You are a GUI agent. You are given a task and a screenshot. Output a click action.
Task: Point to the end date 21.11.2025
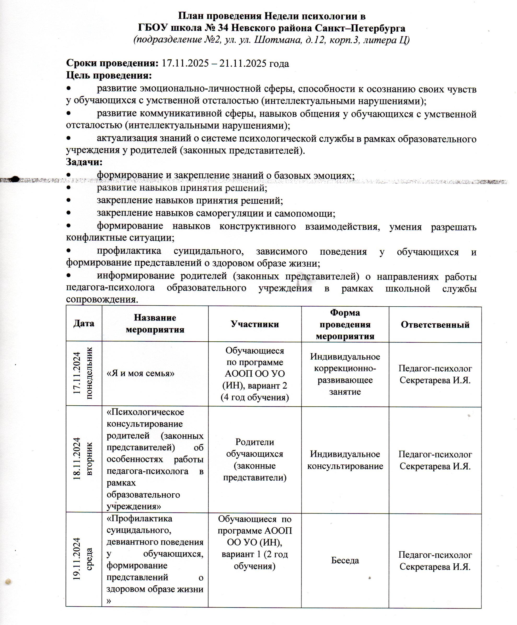point(243,63)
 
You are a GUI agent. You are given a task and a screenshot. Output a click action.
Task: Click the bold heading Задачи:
point(84,162)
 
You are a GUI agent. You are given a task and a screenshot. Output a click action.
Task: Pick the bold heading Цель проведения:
point(109,75)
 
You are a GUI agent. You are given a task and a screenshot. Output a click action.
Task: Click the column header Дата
point(84,324)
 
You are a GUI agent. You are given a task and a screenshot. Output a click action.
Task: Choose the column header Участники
point(254,324)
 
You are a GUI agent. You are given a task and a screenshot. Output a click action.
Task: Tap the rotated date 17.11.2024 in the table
point(77,373)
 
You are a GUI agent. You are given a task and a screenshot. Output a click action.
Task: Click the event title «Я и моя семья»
point(141,373)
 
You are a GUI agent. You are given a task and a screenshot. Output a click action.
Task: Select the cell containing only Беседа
point(345,560)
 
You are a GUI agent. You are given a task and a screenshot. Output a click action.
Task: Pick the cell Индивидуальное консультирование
point(345,460)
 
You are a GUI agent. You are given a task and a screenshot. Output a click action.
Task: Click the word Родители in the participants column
point(254,442)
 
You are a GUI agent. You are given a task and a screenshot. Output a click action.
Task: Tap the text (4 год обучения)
point(254,397)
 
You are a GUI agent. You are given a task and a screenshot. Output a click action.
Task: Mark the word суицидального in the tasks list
point(208,252)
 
